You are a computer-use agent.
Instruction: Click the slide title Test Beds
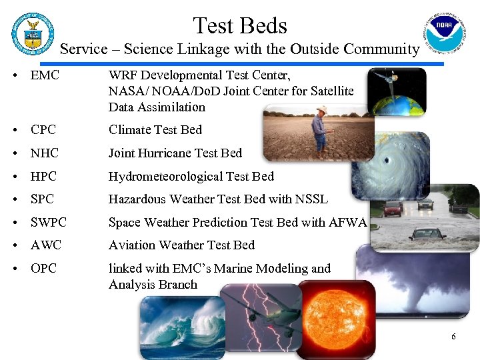[x=240, y=25]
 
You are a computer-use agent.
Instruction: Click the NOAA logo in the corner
[x=444, y=34]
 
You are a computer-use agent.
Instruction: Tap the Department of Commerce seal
[x=32, y=35]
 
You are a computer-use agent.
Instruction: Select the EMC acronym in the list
[x=45, y=75]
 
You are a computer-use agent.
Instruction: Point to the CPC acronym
[x=43, y=130]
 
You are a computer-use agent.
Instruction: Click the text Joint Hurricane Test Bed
[x=175, y=153]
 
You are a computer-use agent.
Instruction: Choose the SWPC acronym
[x=49, y=222]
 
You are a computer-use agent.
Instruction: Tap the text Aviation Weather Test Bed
[x=181, y=245]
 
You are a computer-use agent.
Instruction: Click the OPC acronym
[x=43, y=268]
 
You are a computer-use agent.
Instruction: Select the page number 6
[x=453, y=337]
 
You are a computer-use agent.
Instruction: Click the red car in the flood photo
[x=393, y=208]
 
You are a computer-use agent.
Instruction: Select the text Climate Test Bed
[x=155, y=130]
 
